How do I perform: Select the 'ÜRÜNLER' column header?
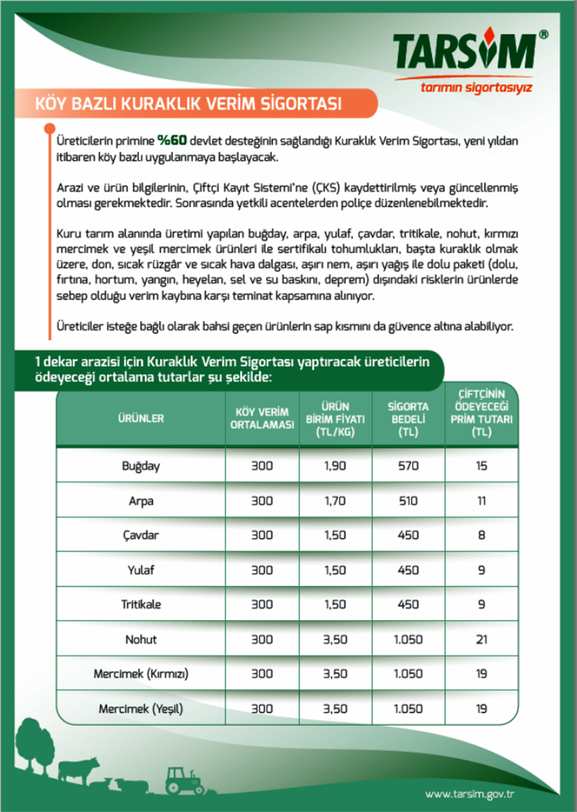141,418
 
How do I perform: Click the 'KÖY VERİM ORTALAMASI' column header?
263,418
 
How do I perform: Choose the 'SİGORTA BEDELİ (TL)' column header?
408,418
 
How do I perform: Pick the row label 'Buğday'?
141,466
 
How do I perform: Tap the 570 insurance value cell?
408,466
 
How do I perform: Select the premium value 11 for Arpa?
481,500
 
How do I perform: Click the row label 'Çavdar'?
141,536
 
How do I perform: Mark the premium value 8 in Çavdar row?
481,536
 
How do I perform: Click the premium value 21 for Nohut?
481,639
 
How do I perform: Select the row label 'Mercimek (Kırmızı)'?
141,674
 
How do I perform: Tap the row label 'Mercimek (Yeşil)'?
141,710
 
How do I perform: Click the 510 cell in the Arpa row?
408,500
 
